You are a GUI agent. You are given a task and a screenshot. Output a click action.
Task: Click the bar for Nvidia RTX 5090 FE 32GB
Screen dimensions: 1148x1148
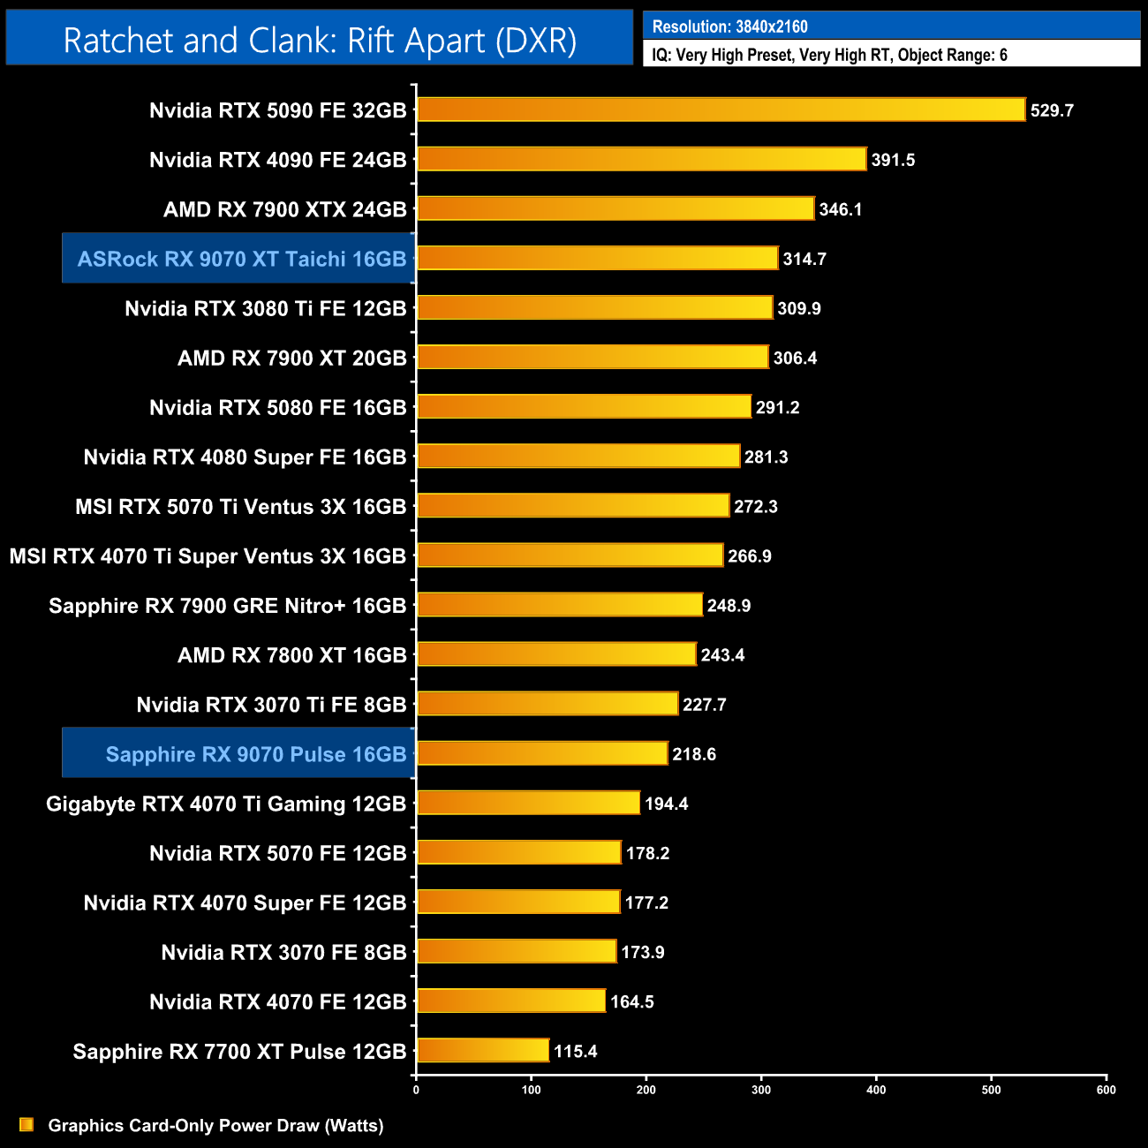point(721,110)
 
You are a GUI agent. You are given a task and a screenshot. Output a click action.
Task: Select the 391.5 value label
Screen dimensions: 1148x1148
point(893,160)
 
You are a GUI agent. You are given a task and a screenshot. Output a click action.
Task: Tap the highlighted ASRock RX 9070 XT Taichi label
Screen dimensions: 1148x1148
point(241,259)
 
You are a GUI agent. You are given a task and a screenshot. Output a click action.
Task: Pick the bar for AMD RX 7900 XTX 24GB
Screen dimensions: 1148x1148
point(615,208)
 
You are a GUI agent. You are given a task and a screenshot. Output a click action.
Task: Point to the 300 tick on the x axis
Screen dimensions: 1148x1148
point(761,1090)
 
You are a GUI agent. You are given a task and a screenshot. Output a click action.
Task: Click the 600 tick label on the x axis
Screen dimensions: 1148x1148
point(1106,1090)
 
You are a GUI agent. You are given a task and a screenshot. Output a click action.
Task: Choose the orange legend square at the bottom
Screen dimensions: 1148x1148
point(26,1124)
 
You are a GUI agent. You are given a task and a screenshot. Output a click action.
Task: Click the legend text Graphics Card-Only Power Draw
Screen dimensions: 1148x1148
point(215,1125)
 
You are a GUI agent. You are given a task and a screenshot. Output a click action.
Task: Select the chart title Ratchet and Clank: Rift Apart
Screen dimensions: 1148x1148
point(320,41)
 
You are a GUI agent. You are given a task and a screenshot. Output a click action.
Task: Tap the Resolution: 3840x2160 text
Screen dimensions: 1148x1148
point(729,26)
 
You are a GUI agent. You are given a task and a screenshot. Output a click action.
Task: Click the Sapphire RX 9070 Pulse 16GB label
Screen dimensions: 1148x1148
point(255,754)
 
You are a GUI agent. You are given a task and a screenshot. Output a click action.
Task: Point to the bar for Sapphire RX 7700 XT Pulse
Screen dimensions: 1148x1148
point(482,1050)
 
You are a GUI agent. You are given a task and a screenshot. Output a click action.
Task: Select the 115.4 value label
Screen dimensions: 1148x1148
point(575,1051)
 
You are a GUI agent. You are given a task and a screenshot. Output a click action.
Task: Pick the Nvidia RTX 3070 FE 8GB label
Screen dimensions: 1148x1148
point(283,952)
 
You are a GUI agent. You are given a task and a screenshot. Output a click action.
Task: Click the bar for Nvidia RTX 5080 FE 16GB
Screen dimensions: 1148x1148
point(584,406)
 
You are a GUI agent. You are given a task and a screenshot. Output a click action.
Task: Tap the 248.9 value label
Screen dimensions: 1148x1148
point(729,606)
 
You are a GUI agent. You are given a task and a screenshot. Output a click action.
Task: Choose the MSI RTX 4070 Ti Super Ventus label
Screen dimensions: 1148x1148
point(208,556)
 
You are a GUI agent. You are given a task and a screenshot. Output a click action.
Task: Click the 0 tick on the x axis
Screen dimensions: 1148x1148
point(416,1090)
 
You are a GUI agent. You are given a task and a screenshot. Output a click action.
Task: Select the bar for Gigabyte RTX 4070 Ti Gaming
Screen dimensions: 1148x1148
point(528,803)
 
